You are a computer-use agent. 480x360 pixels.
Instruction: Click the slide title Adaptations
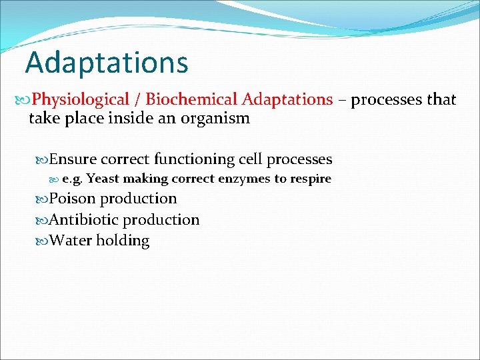(107, 63)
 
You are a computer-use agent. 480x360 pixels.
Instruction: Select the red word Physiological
(81, 100)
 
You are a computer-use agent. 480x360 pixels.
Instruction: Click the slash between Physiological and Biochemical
(137, 100)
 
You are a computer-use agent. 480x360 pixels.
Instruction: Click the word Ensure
(73, 159)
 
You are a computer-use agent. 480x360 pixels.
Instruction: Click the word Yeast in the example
(100, 179)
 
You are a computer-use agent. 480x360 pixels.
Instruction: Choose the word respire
(310, 179)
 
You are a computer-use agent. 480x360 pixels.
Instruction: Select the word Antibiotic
(84, 220)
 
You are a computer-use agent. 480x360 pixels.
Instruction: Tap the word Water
(71, 241)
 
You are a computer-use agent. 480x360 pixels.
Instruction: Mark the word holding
(123, 241)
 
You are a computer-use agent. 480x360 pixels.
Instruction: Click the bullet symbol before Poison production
(42, 199)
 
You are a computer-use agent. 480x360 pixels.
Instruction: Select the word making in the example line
(144, 179)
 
